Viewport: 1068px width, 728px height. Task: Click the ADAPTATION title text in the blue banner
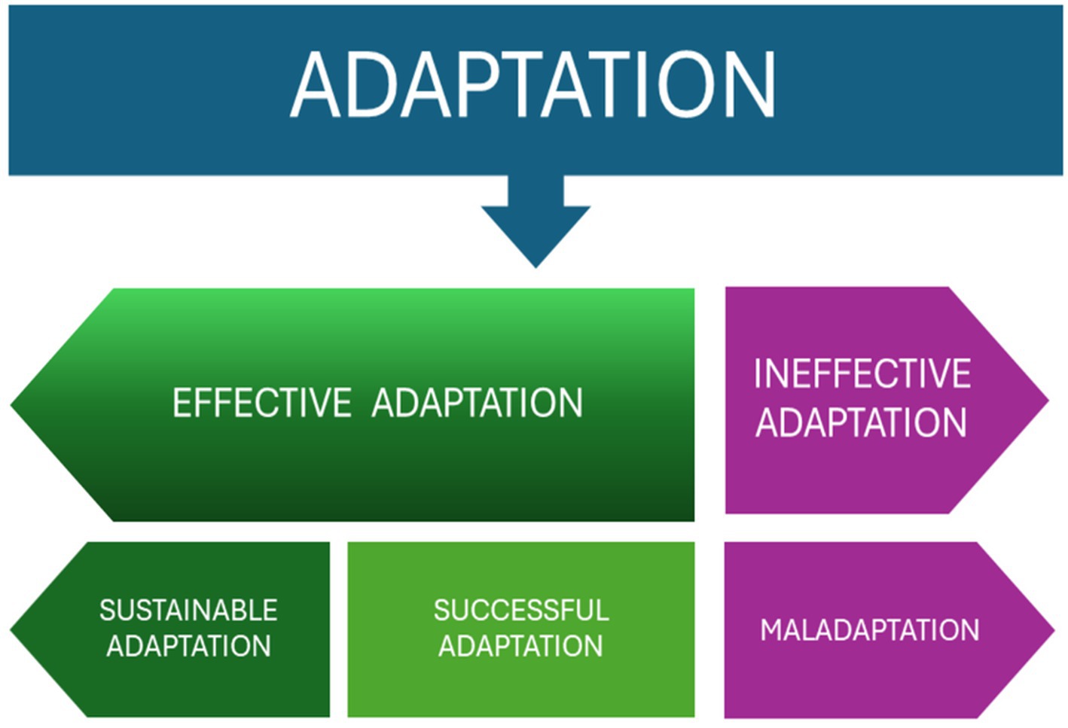coord(533,84)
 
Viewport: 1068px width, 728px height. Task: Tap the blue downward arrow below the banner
coord(536,221)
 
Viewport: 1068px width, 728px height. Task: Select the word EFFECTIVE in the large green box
coord(262,403)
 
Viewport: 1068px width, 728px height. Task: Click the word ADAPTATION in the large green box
coord(478,403)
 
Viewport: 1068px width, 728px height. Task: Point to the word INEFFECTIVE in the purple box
coord(862,374)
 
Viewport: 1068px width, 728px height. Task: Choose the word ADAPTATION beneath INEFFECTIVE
coord(862,422)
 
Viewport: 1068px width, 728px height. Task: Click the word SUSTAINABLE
coord(188,611)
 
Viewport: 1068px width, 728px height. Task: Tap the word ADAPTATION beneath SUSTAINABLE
coord(189,646)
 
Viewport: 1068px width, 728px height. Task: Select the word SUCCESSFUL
coord(521,611)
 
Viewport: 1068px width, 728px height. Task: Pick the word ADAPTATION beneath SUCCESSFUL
coord(520,646)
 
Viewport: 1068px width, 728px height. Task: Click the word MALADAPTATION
coord(870,630)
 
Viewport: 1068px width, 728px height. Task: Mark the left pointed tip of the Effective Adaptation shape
coord(11,405)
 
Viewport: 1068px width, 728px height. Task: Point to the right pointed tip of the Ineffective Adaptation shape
coord(1049,401)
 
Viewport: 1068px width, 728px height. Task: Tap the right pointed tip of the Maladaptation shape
coord(1054,630)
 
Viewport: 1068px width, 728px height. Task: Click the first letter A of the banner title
coord(315,85)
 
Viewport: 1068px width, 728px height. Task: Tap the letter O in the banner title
coord(687,85)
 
